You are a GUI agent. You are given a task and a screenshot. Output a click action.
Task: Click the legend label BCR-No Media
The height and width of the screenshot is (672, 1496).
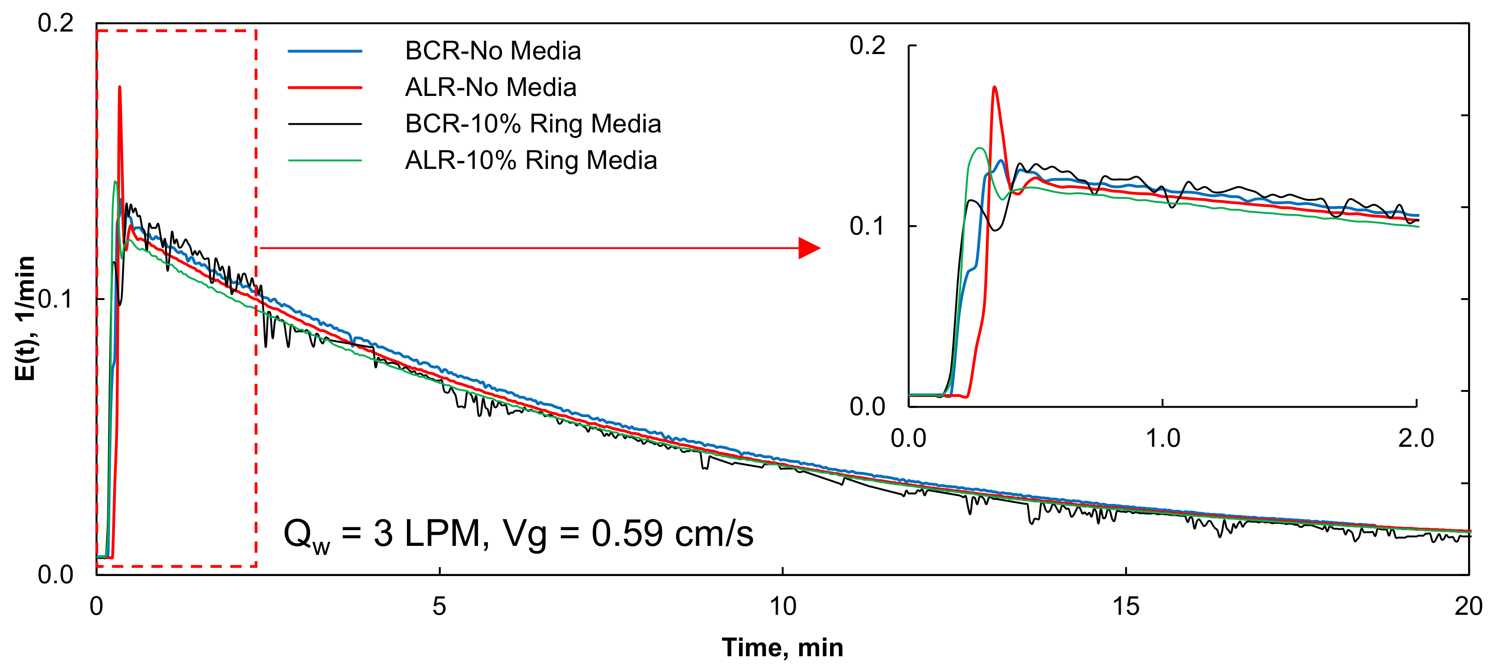coord(493,51)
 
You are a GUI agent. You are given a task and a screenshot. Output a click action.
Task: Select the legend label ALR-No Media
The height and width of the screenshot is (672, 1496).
coord(490,88)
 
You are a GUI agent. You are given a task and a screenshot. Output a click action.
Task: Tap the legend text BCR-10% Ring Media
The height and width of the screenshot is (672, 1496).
coord(533,124)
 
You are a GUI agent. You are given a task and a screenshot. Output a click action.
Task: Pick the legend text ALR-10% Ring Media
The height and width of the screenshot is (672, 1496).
coord(530,161)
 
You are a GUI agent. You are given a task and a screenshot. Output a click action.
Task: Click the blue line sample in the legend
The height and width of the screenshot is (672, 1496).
coord(325,51)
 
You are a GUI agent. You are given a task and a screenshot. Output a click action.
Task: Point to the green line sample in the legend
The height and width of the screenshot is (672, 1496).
coord(325,161)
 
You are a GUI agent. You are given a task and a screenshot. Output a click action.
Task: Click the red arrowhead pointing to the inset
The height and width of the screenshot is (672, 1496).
coord(808,248)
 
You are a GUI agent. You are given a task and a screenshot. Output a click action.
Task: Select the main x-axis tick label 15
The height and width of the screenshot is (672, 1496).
coord(1126,606)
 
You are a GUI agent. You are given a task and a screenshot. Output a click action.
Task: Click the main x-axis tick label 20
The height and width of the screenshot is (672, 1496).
coord(1468,606)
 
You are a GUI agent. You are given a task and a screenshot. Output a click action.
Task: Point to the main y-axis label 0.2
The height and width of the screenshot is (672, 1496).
coord(56,23)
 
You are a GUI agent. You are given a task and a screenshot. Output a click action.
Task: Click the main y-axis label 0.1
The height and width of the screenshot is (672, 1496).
coord(56,300)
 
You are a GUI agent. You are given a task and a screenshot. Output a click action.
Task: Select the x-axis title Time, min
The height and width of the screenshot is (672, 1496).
coord(782,648)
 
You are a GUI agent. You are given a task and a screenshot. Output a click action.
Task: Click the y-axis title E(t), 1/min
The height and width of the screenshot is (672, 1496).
coord(25,318)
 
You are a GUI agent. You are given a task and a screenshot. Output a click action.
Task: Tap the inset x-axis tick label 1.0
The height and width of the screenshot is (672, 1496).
coord(1162,438)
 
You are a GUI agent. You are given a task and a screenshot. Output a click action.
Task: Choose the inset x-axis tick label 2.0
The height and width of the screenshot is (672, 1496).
coord(1416,438)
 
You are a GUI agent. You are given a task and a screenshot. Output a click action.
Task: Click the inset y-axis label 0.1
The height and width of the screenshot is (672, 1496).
coord(867,226)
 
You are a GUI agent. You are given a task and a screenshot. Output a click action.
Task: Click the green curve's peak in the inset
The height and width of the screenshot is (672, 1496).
coord(979,149)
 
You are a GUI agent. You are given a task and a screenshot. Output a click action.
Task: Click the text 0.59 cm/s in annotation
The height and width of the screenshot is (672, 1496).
coord(672,534)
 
